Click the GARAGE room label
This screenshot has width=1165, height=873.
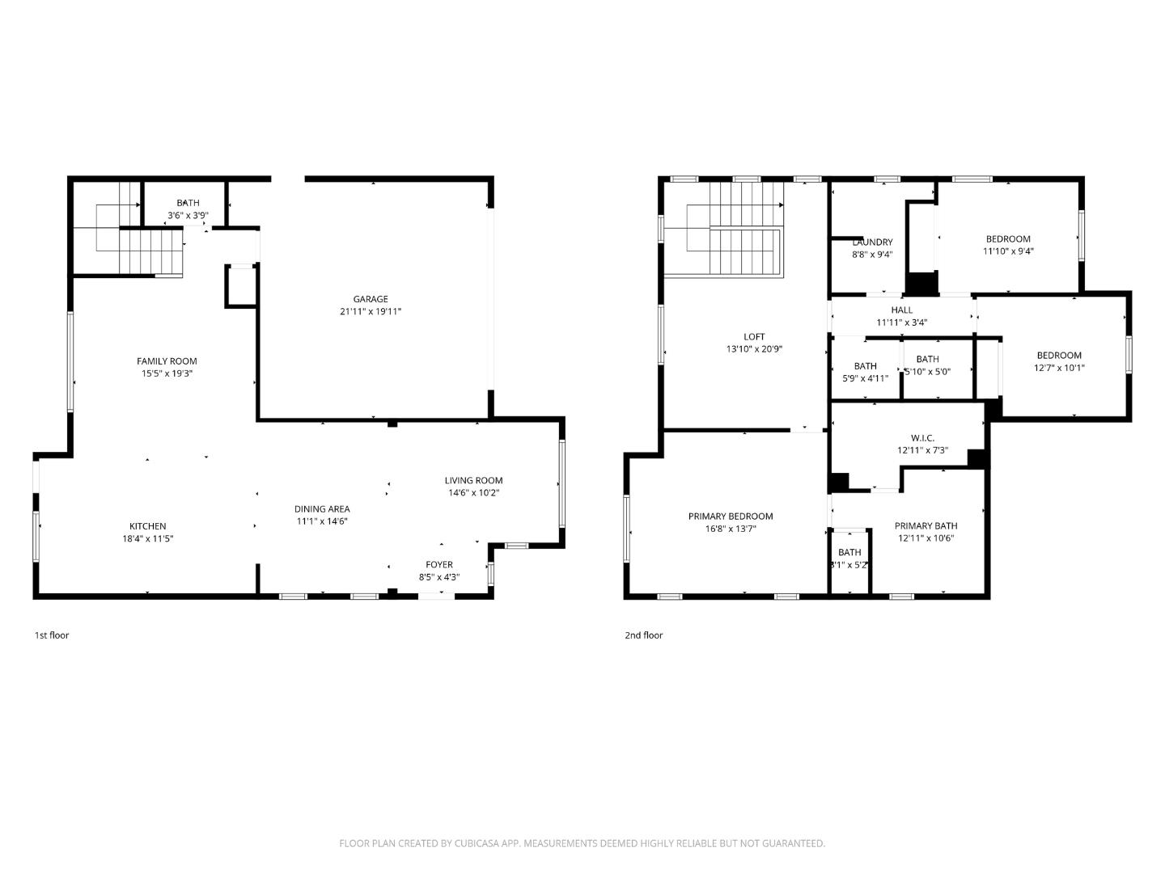370,299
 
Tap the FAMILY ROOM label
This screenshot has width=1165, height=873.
167,361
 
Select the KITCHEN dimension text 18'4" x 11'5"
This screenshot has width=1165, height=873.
147,538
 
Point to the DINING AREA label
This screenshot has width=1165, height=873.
321,509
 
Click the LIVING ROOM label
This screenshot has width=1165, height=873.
473,480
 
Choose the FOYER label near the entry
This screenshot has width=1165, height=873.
439,564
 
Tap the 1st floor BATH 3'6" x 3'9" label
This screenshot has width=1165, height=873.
188,203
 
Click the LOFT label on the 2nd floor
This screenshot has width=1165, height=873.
754,337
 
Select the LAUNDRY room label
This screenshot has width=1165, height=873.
872,242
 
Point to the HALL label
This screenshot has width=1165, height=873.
901,310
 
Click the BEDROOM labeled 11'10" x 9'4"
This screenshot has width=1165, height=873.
1008,238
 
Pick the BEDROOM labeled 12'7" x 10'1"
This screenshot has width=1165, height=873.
1059,356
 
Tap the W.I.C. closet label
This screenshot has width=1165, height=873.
922,438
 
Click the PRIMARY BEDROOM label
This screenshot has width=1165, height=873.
731,517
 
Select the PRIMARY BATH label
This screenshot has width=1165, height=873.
926,525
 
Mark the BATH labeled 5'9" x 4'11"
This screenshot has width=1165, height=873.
865,366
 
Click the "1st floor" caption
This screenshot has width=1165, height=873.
51,635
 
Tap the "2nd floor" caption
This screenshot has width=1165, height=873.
643,635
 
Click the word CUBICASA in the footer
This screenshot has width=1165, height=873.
478,843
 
